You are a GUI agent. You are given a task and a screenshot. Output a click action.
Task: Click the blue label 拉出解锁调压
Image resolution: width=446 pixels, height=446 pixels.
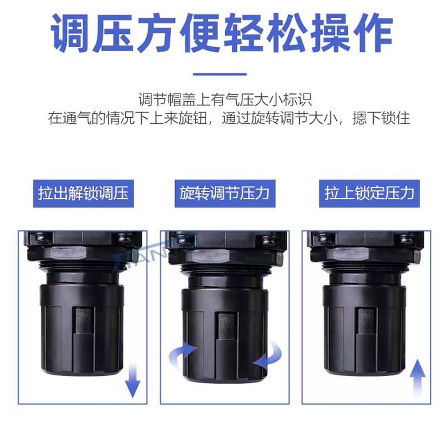83,194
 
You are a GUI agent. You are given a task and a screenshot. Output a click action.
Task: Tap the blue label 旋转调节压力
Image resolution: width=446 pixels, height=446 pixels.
225,194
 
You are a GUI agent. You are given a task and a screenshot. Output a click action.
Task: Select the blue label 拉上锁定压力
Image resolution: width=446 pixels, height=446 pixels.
369,194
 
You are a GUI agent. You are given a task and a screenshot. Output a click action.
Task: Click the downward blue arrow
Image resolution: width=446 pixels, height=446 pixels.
132,380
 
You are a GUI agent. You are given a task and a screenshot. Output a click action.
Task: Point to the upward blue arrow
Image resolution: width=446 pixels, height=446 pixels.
417,378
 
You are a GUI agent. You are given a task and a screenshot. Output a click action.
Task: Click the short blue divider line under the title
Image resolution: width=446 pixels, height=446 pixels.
219,74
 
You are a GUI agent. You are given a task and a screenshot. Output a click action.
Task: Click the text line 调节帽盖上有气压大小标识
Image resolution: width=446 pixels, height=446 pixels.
225,99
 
